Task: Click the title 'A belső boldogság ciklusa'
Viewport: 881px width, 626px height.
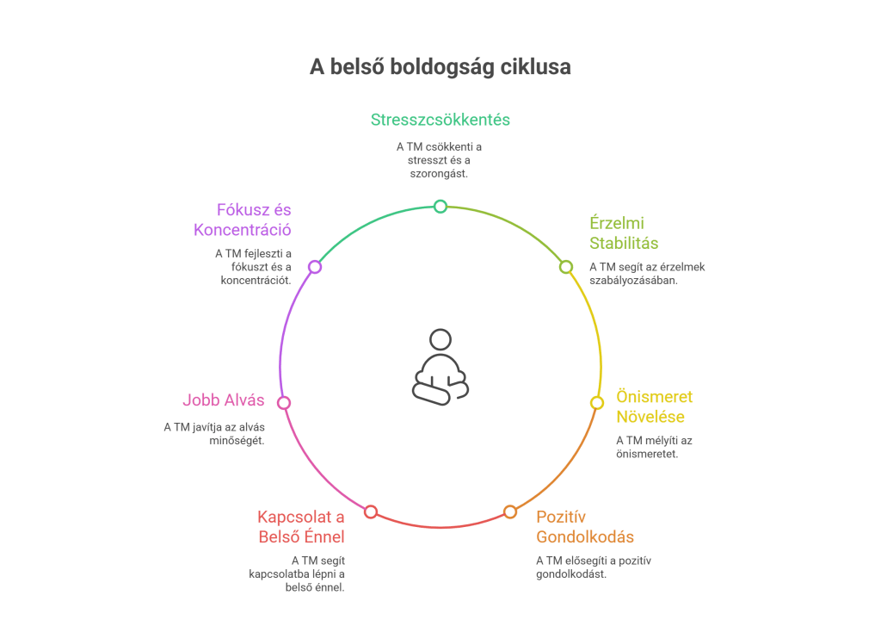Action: pos(440,67)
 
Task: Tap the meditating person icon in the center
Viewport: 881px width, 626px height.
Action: pos(440,367)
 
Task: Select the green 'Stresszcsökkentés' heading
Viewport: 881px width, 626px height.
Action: pos(440,120)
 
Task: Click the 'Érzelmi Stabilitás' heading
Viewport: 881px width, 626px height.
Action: pos(624,232)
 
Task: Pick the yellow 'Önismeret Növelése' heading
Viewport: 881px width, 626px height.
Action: pos(654,407)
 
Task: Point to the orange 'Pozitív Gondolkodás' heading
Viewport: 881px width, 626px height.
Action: pos(585,527)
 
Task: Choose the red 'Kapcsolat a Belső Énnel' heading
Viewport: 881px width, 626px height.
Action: pos(301,527)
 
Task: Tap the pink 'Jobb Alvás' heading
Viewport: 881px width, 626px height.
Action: pos(223,400)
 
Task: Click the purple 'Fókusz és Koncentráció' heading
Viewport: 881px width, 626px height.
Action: pos(243,220)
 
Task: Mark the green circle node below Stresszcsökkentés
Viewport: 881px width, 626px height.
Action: pos(440,206)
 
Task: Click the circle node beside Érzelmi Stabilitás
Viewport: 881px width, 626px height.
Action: pos(566,267)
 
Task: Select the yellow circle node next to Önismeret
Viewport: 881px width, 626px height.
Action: pos(597,402)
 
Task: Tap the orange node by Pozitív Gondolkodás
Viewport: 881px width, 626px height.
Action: pos(510,511)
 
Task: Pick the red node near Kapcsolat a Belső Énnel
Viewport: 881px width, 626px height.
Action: pos(371,511)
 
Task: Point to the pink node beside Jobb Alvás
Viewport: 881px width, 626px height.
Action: pos(284,402)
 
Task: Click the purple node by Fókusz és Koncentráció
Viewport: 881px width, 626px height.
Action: pos(315,267)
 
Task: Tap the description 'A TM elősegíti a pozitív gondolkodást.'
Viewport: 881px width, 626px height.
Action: pos(594,567)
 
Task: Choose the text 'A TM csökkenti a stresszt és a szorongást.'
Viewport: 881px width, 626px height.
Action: pos(440,159)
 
